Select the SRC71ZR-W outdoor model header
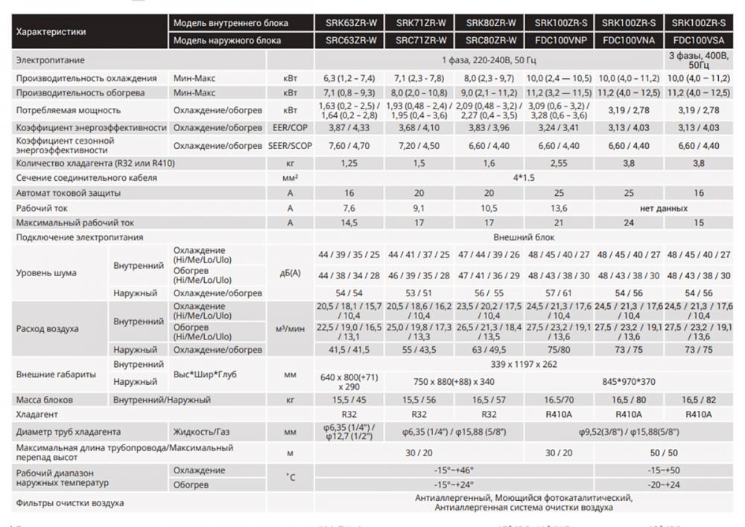click(x=421, y=39)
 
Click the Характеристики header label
click(x=51, y=31)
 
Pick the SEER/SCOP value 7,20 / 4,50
click(x=421, y=145)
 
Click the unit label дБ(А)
click(x=290, y=272)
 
